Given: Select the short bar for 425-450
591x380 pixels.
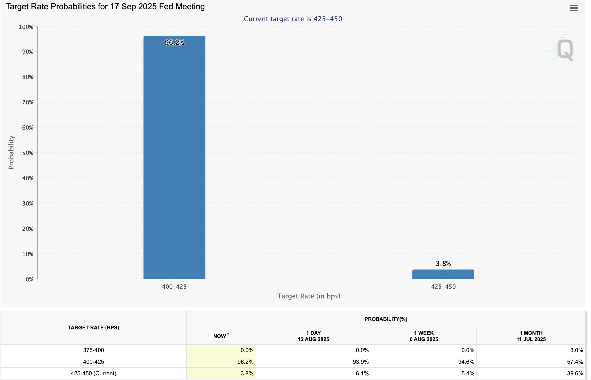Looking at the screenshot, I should tap(443, 274).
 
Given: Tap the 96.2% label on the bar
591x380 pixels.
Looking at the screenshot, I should tap(174, 43).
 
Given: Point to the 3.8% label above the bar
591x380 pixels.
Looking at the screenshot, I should tap(443, 264).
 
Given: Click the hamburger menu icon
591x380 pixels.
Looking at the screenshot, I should tap(574, 8).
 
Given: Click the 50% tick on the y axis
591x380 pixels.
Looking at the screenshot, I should tap(28, 153).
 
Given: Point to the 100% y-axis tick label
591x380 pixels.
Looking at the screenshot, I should tap(26, 27).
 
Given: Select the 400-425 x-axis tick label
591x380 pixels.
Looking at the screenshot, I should tap(174, 287).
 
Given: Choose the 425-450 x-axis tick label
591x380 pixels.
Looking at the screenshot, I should tap(443, 287).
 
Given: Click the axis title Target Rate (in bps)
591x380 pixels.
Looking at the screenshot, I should tap(309, 296).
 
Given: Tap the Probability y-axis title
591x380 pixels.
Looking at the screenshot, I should tap(11, 152).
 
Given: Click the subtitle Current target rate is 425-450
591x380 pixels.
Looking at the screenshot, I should tap(293, 19).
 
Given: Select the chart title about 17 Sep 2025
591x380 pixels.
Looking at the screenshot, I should tap(105, 6).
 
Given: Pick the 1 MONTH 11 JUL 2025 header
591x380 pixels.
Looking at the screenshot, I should tap(531, 336).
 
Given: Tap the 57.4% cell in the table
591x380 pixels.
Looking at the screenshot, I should tap(575, 362).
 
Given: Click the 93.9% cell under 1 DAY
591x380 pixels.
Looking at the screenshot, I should tap(361, 362).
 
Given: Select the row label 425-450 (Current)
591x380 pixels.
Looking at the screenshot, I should tap(93, 373).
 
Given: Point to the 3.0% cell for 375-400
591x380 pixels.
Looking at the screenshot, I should tap(576, 350).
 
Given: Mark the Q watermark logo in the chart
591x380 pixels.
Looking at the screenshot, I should tap(565, 50).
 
